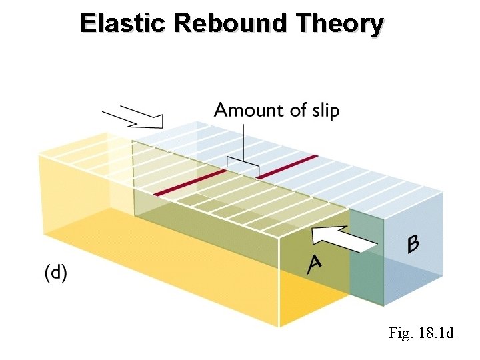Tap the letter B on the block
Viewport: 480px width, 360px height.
(x=413, y=244)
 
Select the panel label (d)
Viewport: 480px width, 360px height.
(x=55, y=273)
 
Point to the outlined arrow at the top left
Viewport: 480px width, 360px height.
(x=137, y=117)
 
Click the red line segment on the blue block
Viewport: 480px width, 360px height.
(x=287, y=167)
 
